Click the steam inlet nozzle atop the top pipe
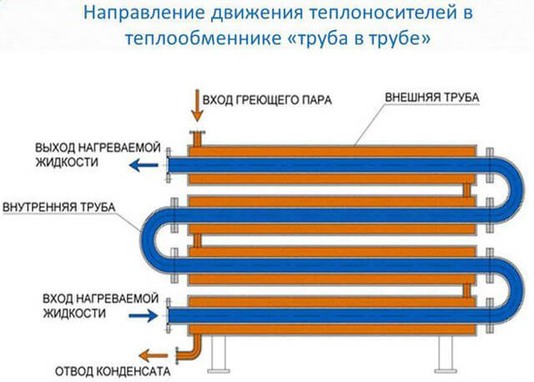197,139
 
